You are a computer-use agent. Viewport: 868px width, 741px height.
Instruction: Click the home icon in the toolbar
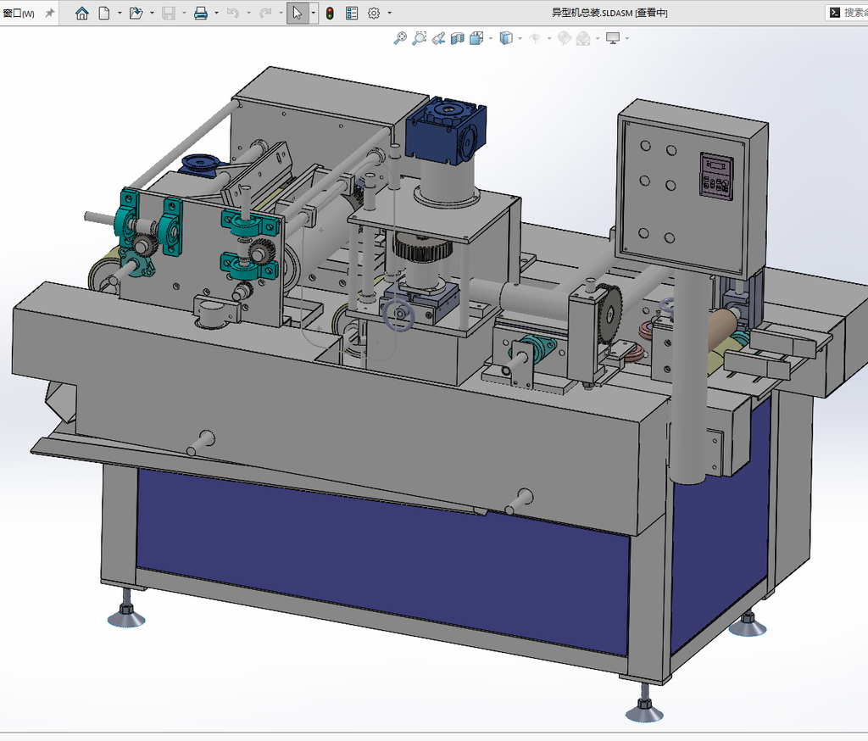82,14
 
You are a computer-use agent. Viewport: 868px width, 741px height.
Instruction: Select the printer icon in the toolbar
200,14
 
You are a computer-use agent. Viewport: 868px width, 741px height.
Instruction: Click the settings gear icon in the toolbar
374,14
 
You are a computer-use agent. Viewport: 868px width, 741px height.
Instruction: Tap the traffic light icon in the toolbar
330,14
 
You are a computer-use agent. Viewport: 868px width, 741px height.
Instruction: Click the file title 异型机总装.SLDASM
592,13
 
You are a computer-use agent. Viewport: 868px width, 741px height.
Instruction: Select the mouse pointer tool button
298,14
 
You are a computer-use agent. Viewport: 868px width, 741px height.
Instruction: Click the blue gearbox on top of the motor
445,131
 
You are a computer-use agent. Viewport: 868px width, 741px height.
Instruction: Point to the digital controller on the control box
717,175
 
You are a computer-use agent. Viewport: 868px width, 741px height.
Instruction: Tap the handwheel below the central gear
398,315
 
